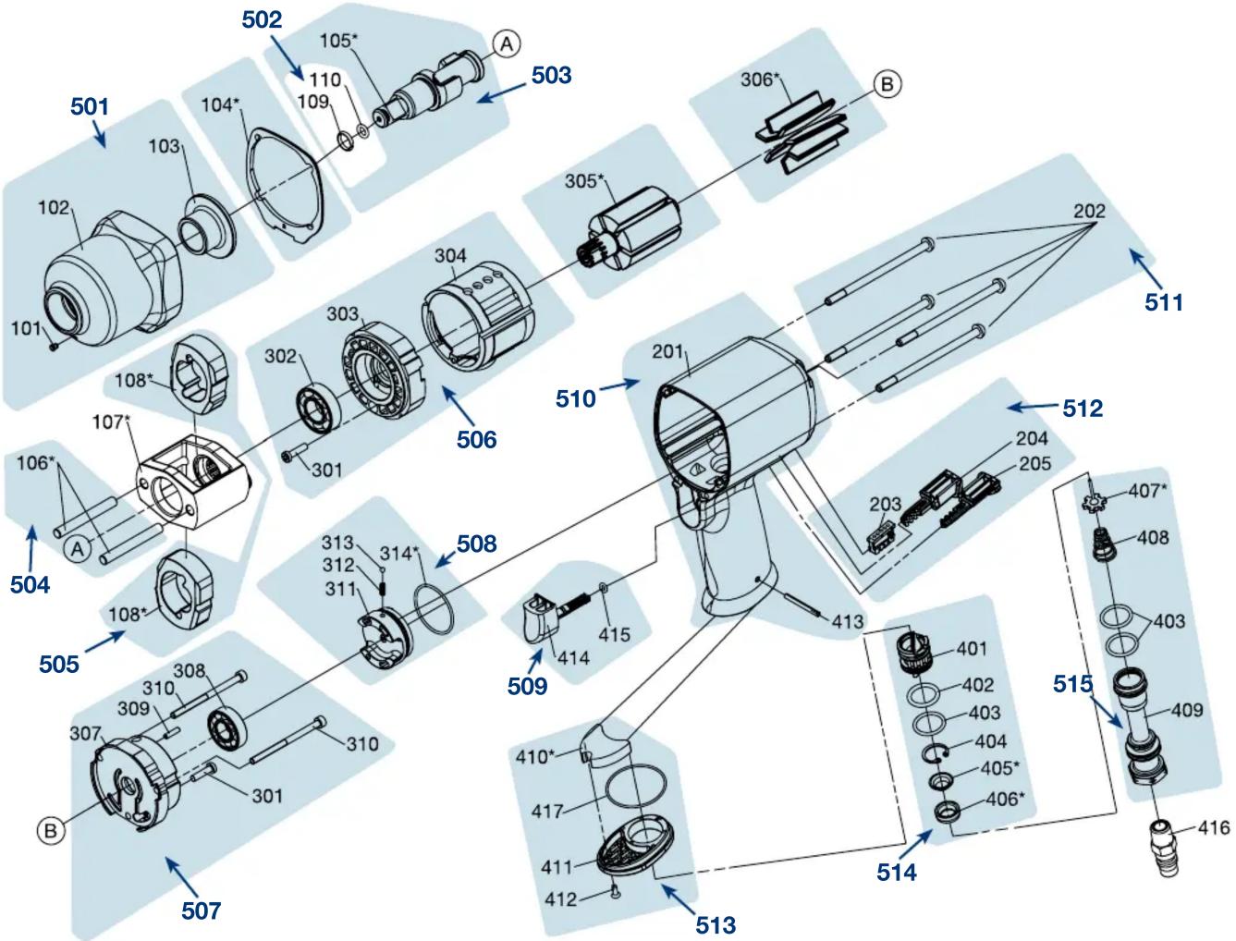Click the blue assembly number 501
click(x=89, y=106)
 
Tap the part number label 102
click(x=54, y=208)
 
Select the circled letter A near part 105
click(x=507, y=43)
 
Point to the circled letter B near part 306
click(x=887, y=84)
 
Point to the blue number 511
click(x=1163, y=302)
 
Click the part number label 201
click(x=667, y=352)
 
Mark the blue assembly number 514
click(x=897, y=873)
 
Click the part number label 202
click(x=1089, y=211)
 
